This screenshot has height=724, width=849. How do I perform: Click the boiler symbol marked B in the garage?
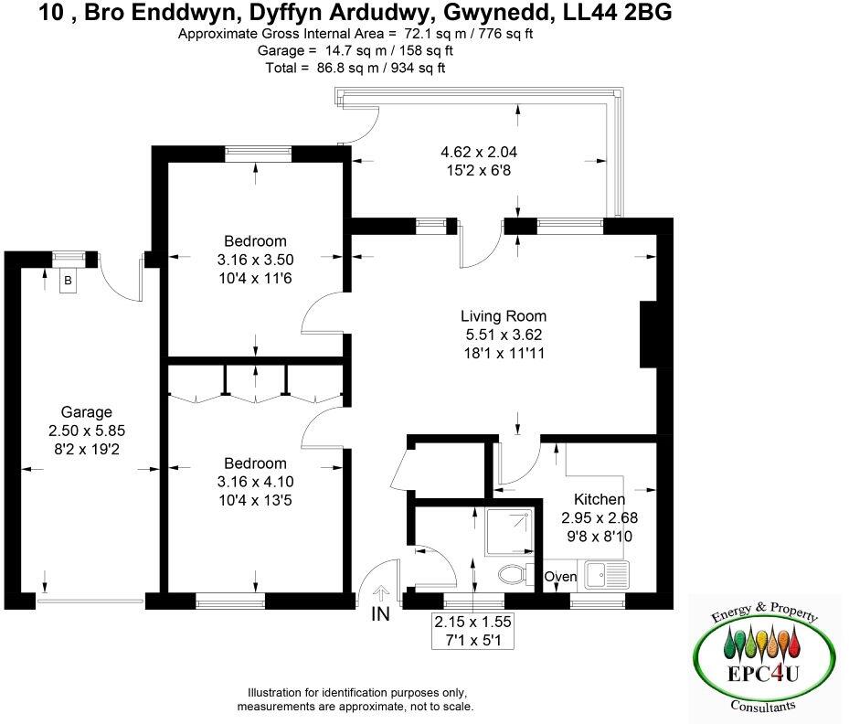67,282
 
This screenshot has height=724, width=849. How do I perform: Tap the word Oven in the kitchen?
559,577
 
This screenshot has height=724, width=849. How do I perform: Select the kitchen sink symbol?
606,576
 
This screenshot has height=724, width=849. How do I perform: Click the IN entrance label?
381,614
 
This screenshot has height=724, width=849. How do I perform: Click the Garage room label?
86,412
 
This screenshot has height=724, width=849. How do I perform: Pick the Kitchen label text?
599,499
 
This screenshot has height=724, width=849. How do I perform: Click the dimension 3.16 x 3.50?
255,260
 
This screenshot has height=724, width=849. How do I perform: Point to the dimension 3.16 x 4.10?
255,482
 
